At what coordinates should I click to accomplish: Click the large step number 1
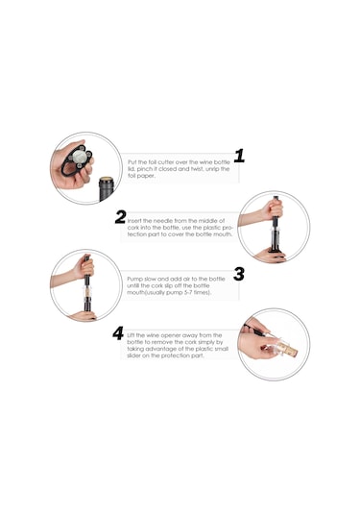click(239, 156)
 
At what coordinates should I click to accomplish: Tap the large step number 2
click(121, 217)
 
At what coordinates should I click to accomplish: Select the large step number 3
click(239, 274)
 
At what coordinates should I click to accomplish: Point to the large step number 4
click(118, 333)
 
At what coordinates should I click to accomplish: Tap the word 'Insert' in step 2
click(134, 221)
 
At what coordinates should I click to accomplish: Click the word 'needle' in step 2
click(163, 221)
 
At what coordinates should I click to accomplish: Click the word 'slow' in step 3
click(150, 279)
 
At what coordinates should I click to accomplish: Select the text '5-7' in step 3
click(187, 292)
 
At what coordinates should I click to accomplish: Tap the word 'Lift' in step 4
click(131, 335)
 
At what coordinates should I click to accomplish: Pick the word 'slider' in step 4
click(133, 355)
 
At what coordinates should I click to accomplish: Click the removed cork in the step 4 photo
click(289, 349)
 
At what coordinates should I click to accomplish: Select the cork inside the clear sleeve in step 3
click(86, 292)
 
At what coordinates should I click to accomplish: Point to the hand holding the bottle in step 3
click(83, 316)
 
